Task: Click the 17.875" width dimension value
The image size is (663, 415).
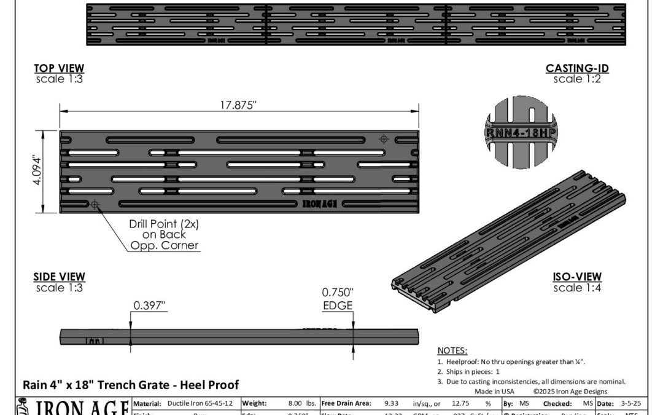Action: click(x=238, y=105)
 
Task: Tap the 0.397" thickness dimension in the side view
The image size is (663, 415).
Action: click(x=150, y=304)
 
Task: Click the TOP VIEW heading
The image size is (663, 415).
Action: click(x=59, y=68)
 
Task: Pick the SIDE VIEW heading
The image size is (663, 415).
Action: click(x=59, y=277)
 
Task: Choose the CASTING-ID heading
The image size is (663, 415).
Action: click(x=577, y=68)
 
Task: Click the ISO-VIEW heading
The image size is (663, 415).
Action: click(x=577, y=277)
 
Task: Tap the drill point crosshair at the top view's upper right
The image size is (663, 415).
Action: click(x=384, y=139)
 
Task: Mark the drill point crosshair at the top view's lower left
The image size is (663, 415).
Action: click(x=95, y=204)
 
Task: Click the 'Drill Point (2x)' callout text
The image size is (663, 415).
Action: click(x=163, y=224)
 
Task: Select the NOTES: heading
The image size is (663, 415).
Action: click(x=452, y=350)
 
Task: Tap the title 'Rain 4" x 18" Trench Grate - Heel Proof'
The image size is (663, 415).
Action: click(x=131, y=385)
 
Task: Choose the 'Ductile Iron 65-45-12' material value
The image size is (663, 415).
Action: click(x=200, y=404)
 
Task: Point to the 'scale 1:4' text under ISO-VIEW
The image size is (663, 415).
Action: click(x=577, y=288)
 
